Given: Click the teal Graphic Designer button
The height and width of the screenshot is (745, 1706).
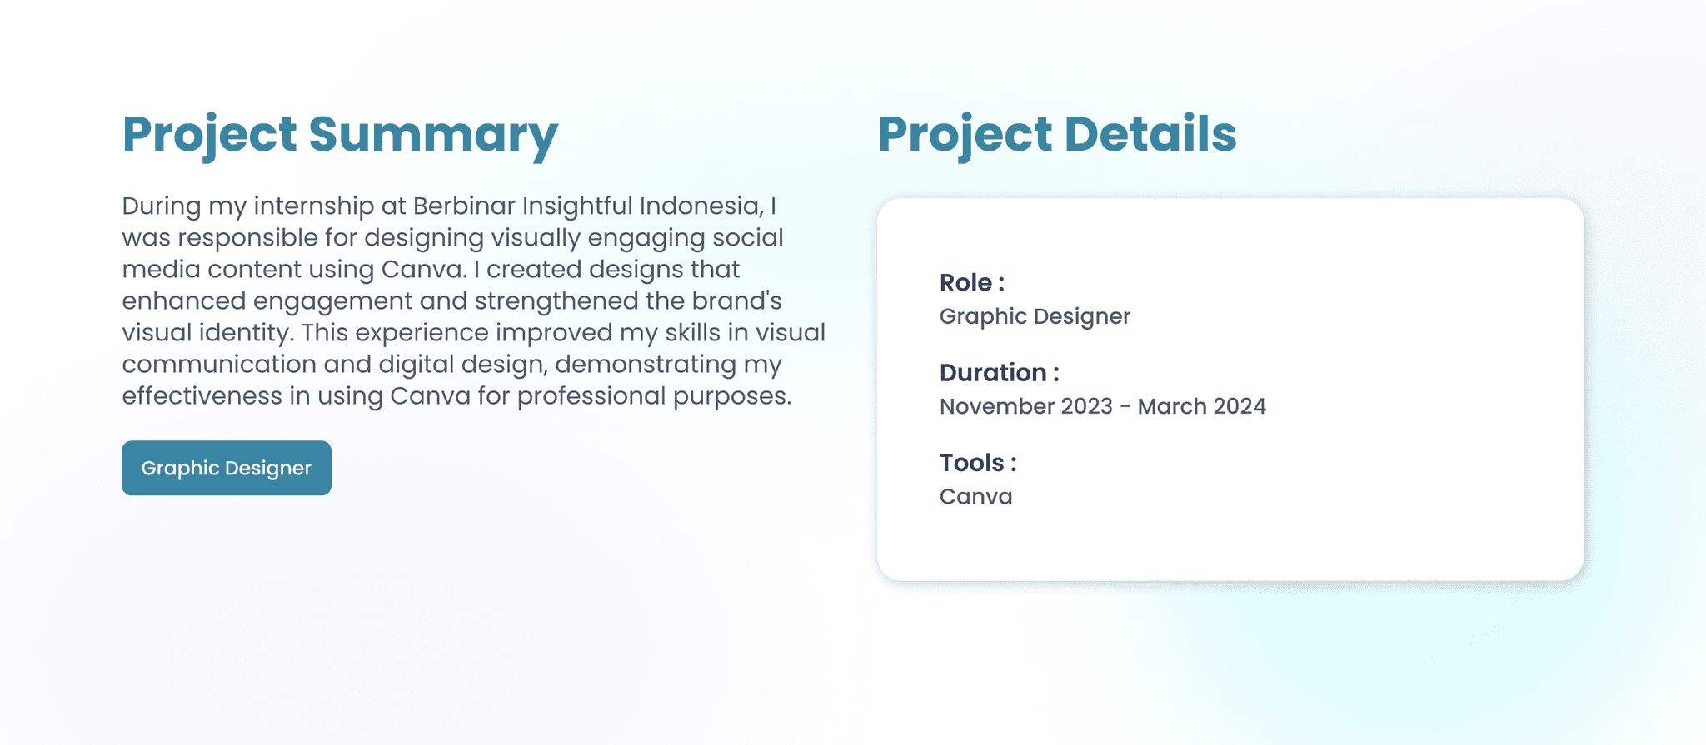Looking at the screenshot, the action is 227,468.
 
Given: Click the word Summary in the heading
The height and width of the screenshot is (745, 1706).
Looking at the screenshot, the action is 433,136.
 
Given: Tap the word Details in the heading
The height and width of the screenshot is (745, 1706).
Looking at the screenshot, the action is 1150,134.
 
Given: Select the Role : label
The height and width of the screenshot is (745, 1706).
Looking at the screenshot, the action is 972,283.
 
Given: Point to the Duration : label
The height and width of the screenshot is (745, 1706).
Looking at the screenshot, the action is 1000,373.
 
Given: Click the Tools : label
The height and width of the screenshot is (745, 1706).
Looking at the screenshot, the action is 978,463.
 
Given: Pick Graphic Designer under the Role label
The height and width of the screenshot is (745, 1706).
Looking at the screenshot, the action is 1035,317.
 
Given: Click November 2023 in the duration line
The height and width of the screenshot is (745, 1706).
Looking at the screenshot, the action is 1026,406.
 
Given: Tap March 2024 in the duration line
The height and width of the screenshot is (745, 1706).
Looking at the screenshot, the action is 1202,406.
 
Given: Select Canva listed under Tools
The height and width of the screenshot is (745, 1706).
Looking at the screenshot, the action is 976,497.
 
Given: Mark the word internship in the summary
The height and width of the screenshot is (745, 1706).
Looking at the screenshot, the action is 314,206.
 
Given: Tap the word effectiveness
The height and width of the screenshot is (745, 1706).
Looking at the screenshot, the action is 202,396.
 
